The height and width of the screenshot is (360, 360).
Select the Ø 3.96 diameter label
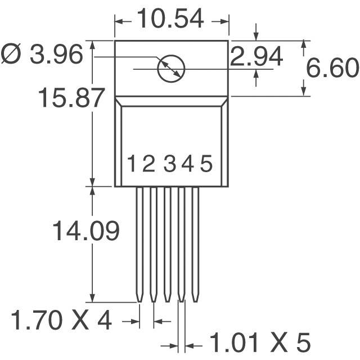click(x=42, y=55)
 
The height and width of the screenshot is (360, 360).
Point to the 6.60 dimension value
click(x=332, y=69)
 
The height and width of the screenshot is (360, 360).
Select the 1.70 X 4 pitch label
click(x=62, y=321)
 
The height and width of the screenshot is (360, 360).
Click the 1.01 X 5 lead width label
click(x=260, y=342)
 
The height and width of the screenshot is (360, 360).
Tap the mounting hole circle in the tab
click(x=171, y=69)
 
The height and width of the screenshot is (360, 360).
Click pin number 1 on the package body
click(x=131, y=164)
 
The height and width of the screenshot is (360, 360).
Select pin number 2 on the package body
click(x=148, y=164)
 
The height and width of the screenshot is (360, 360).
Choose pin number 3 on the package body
click(x=170, y=164)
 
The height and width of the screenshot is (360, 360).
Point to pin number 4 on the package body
click(x=187, y=164)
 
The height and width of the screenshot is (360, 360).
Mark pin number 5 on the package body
click(x=206, y=164)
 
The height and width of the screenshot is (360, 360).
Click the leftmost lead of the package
click(x=139, y=242)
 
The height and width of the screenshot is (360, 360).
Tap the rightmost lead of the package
click(x=195, y=242)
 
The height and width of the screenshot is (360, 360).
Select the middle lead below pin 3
click(x=167, y=242)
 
